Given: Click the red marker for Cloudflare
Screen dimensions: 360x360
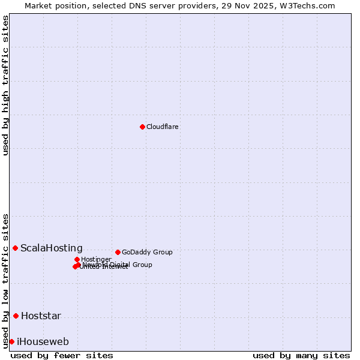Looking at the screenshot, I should coord(142,127).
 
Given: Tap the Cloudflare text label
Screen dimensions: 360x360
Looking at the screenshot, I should coord(163,127).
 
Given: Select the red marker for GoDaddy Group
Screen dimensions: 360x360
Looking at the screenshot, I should coord(118,252).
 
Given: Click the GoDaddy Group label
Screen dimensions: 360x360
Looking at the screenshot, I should coord(147,252).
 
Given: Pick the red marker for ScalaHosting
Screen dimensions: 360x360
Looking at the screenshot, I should coord(15,248).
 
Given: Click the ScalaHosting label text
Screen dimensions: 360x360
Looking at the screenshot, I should coord(52,248).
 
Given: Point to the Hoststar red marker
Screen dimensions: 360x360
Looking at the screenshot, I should coord(16,316).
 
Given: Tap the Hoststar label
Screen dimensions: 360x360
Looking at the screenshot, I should coord(41,316).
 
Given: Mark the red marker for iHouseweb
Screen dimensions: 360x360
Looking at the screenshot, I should coord(11,341).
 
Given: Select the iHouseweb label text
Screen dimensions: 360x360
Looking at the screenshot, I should coord(43,342).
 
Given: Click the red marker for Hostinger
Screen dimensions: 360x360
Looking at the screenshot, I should coord(77,259).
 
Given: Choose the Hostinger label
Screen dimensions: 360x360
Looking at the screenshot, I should coord(96,259).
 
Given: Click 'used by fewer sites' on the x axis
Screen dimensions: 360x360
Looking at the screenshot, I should coord(62,355).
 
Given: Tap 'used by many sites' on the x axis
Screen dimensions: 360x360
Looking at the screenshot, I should coord(301,355).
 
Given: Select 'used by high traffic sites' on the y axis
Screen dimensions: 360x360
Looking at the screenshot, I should coord(6,85).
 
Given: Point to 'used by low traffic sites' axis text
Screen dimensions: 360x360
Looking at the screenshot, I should coord(6,281).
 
